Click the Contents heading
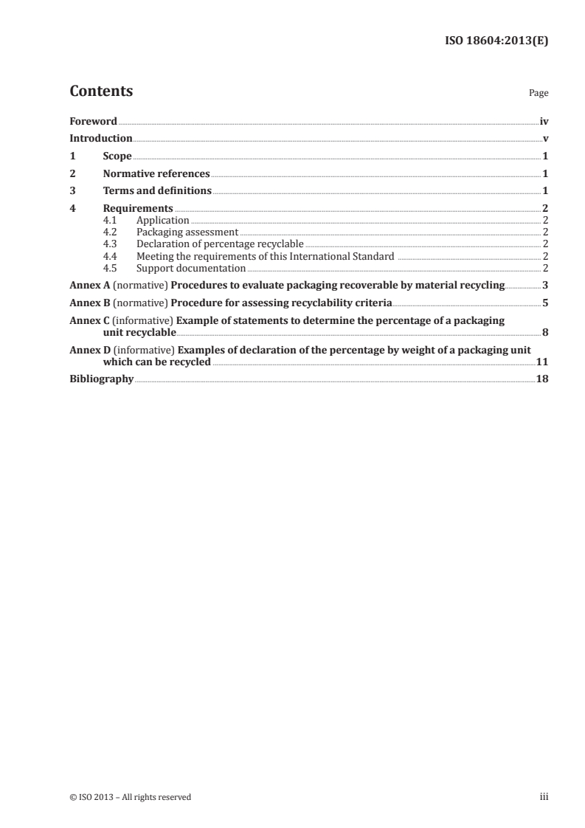point(101,92)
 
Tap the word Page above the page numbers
point(539,94)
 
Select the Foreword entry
point(93,120)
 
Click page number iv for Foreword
point(544,120)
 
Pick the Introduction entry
point(101,138)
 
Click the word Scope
point(117,156)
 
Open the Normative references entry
point(156,174)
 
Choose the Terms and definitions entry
point(157,191)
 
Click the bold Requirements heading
point(138,209)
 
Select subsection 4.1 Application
point(163,220)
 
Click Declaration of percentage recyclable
point(220,244)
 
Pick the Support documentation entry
point(191,268)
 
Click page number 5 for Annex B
point(545,303)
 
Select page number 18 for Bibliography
point(543,379)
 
